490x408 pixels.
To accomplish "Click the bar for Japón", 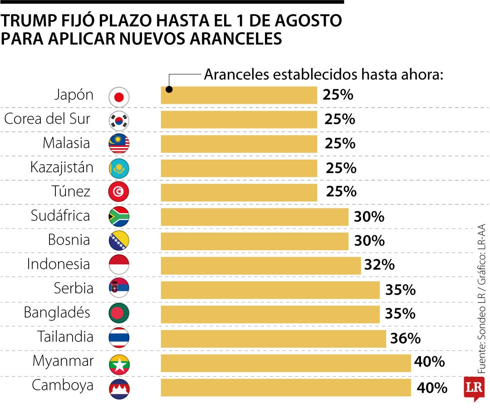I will (239, 95).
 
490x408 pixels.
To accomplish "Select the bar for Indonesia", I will (261, 265).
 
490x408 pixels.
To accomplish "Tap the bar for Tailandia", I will (273, 338).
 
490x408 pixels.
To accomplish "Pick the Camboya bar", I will (286, 388).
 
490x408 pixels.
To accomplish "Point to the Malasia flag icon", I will (119, 144).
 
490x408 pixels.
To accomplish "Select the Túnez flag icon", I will (119, 192).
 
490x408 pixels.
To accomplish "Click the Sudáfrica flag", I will (119, 217).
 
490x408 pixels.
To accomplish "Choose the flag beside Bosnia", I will (119, 241).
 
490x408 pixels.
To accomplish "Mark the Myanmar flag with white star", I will (119, 363).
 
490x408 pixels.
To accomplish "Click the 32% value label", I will (379, 265).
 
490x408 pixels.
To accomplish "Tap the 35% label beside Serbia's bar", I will (400, 290).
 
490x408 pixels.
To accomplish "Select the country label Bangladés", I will (57, 312).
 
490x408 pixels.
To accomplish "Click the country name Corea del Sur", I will (47, 119).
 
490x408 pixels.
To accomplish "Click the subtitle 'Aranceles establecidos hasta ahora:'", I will (323, 74).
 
